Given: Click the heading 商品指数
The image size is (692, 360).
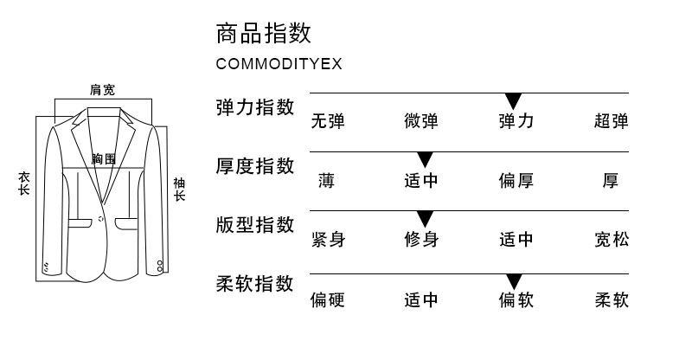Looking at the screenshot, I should [263, 35].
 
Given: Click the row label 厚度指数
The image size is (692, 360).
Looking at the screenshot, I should [255, 166].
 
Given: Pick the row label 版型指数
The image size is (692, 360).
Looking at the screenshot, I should [255, 225].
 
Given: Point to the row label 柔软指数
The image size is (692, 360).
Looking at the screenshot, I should [255, 284].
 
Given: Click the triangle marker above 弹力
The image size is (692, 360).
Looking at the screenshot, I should [514, 100].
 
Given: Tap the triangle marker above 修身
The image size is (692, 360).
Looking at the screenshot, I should [425, 219].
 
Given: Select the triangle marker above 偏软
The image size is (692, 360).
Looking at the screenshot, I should [514, 280].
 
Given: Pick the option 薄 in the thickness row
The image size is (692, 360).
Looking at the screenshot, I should [326, 181].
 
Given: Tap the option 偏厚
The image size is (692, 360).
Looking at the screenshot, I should [516, 181].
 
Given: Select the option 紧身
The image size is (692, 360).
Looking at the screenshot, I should [328, 240].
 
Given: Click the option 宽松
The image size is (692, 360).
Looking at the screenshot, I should [611, 240].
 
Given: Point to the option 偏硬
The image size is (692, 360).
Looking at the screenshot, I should [328, 300].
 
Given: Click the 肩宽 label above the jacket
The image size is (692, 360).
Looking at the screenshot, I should [102, 89].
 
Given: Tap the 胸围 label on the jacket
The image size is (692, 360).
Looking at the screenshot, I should [104, 158].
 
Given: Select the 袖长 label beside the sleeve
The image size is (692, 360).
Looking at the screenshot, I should [179, 190].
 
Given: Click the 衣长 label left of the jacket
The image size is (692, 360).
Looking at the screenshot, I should [24, 183].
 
